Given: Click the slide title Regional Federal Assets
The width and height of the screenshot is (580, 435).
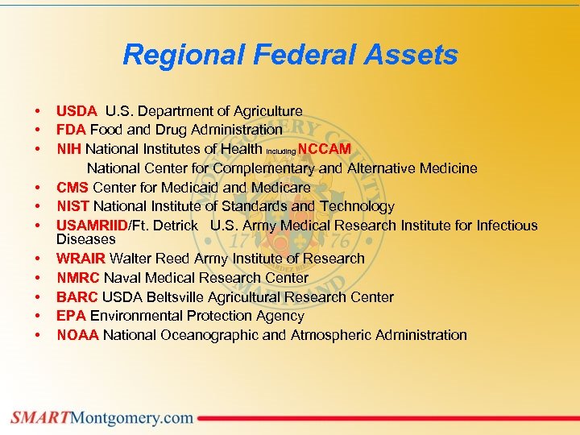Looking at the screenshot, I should click(290, 56).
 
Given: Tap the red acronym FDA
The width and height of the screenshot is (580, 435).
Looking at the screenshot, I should click(71, 130).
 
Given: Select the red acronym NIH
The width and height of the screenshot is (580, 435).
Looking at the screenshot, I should click(69, 149).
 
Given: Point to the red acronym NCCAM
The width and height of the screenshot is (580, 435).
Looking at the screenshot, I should click(324, 149).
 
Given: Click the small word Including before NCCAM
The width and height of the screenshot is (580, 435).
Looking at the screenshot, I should click(280, 151).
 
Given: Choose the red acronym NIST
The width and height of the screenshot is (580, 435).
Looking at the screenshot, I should click(72, 207).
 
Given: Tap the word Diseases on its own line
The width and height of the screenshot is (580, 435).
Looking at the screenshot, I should click(85, 239).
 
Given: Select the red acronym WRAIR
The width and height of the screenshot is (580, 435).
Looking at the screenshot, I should click(81, 259).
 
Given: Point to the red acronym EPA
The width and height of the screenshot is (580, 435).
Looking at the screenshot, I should click(71, 316).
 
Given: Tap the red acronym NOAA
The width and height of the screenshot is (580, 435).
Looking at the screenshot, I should click(77, 335).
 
